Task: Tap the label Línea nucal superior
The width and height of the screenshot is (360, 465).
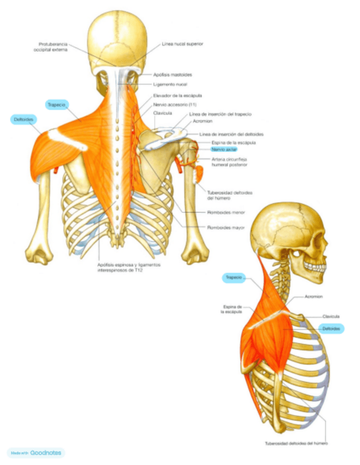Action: (183, 44)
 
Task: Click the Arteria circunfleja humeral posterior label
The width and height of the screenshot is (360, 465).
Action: (229, 161)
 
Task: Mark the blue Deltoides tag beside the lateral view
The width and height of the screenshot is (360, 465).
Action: (331, 328)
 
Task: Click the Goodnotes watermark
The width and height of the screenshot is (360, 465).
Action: (36, 453)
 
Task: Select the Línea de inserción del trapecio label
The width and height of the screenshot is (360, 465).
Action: (220, 114)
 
